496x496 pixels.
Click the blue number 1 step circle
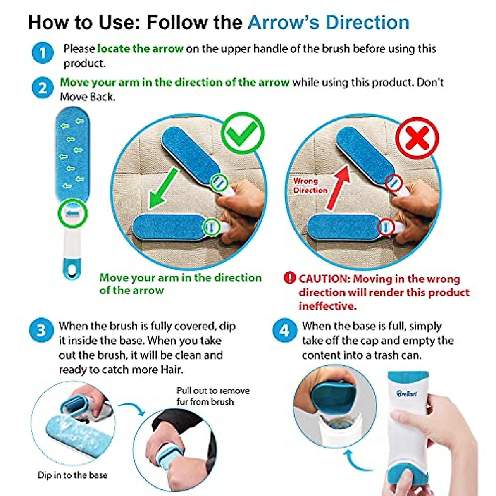coord(43,53)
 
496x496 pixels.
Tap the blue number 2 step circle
coord(43,88)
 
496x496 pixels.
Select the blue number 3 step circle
coord(41,331)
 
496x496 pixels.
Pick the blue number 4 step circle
coord(284,331)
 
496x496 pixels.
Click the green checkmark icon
coord(243,134)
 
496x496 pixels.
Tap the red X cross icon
coord(417,138)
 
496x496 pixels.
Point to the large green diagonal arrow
coord(163,189)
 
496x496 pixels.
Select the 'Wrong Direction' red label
coord(310,186)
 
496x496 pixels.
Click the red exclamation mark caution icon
coord(290,278)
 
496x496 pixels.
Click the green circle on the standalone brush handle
coord(73,214)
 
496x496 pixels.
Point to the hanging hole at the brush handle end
coord(73,272)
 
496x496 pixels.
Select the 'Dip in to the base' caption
coord(72,475)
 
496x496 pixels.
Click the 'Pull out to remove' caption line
coord(213,391)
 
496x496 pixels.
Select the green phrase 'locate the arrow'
coord(140,49)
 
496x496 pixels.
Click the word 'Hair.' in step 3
coord(171,369)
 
